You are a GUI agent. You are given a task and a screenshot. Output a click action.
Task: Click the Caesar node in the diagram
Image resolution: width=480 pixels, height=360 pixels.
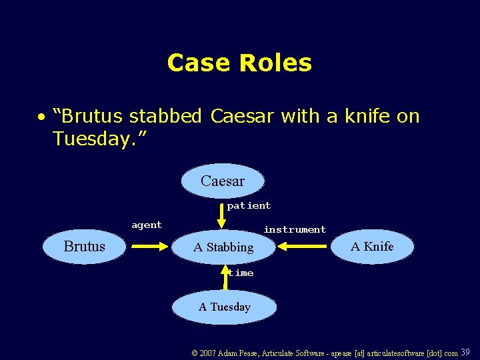click(x=223, y=181)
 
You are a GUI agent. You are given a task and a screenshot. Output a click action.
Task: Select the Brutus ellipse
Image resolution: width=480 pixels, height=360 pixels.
click(x=85, y=247)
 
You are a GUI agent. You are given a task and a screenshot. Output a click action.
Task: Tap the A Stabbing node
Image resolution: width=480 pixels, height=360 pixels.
click(x=223, y=247)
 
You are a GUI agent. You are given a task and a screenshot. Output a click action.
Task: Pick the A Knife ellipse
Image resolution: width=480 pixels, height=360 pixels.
click(x=373, y=247)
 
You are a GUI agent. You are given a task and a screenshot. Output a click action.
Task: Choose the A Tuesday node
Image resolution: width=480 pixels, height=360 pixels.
click(x=225, y=307)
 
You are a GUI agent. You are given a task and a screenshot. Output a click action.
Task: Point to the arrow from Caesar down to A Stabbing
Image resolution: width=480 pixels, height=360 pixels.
click(x=222, y=215)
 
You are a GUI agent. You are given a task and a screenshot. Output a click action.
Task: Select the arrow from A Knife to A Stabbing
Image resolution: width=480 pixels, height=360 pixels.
click(x=303, y=247)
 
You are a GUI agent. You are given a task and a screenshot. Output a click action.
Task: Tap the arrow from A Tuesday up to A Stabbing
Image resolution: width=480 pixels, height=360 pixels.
click(x=225, y=279)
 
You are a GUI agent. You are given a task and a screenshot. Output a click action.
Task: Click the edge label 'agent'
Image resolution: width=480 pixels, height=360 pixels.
click(x=147, y=225)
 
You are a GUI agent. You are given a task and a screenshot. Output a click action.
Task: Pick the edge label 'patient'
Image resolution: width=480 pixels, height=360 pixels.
click(x=249, y=206)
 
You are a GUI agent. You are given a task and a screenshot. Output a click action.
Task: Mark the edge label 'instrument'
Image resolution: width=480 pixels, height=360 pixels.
click(x=295, y=229)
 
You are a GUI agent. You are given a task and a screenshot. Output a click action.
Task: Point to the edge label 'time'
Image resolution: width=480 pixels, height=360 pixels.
click(x=241, y=273)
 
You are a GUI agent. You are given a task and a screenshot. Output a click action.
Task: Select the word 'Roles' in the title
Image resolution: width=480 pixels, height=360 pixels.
click(x=275, y=63)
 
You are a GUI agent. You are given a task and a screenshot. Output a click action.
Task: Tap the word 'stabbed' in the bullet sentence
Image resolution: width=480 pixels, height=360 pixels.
click(x=165, y=116)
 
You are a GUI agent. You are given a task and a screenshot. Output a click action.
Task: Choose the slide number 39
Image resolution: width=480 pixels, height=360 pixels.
click(x=465, y=352)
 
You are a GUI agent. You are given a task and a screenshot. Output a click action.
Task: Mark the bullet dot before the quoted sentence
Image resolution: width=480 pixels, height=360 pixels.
click(x=41, y=117)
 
